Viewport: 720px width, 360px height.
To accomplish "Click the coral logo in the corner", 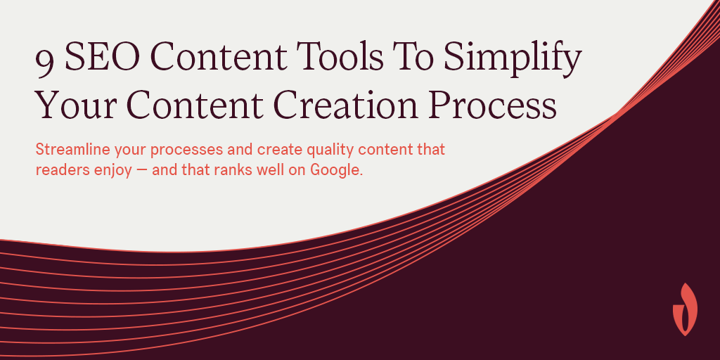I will click(x=684, y=309).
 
